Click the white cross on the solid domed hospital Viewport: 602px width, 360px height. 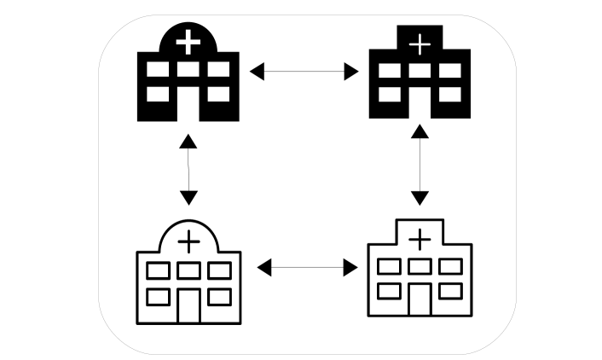[188, 40]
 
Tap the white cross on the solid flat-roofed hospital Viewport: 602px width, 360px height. [419, 42]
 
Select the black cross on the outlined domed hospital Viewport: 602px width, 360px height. [188, 243]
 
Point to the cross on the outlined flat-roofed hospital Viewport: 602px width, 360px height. [419, 240]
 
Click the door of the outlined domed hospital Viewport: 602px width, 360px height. [188, 305]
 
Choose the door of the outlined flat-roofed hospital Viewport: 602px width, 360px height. [419, 299]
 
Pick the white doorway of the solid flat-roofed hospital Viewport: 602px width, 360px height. [419, 107]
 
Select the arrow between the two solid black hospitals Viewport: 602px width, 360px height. [304, 72]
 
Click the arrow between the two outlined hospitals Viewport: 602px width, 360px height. [307, 268]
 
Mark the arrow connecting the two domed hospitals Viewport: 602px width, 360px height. [188, 169]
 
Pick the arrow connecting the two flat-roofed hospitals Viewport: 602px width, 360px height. [419, 166]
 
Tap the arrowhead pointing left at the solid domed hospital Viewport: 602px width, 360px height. [257, 72]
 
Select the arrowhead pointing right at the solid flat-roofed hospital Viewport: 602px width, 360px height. [351, 72]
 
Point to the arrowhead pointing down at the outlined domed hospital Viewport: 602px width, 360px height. [188, 198]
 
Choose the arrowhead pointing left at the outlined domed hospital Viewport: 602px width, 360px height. [264, 268]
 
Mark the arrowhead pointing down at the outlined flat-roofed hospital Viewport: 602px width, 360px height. [419, 199]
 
